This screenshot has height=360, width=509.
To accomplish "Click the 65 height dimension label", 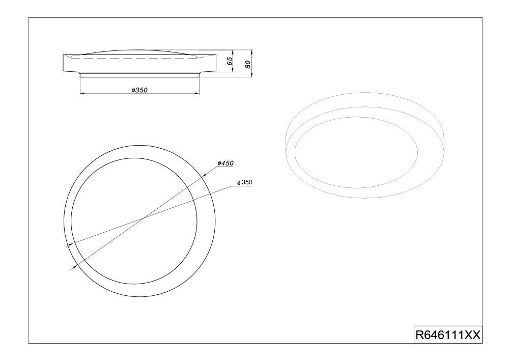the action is pyautogui.click(x=230, y=61).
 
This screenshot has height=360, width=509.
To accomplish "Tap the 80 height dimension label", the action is pyautogui.click(x=248, y=64).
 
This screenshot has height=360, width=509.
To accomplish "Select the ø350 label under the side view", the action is pyautogui.click(x=139, y=90).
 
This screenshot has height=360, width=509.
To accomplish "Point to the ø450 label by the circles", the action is pyautogui.click(x=225, y=163).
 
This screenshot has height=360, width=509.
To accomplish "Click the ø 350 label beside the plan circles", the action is pyautogui.click(x=244, y=183).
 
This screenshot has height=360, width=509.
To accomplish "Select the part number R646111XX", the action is pyautogui.click(x=448, y=335).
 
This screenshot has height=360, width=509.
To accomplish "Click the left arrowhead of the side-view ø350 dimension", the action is pyautogui.click(x=82, y=94).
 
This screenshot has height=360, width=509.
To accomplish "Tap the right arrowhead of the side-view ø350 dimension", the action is pyautogui.click(x=196, y=94).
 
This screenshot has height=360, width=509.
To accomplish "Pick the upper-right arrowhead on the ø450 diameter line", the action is pyautogui.click(x=205, y=175).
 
